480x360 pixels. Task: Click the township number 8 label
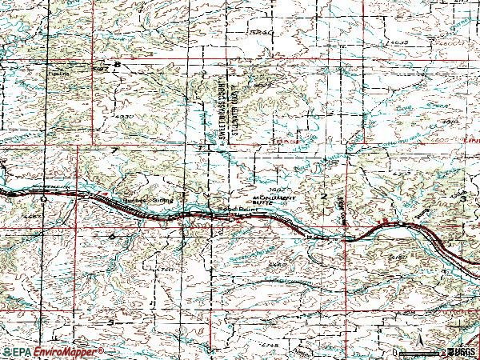coord(118,65)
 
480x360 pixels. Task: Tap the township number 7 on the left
coord(115,150)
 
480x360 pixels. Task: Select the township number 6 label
coord(112,236)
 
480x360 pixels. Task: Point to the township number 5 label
coord(111,322)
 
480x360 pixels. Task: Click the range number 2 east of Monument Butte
coord(324,195)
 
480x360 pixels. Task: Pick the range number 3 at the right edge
coord(463,197)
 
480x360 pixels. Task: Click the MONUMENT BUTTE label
coord(274,200)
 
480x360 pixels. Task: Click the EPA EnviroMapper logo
coord(53,352)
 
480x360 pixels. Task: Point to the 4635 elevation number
coord(392,42)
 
